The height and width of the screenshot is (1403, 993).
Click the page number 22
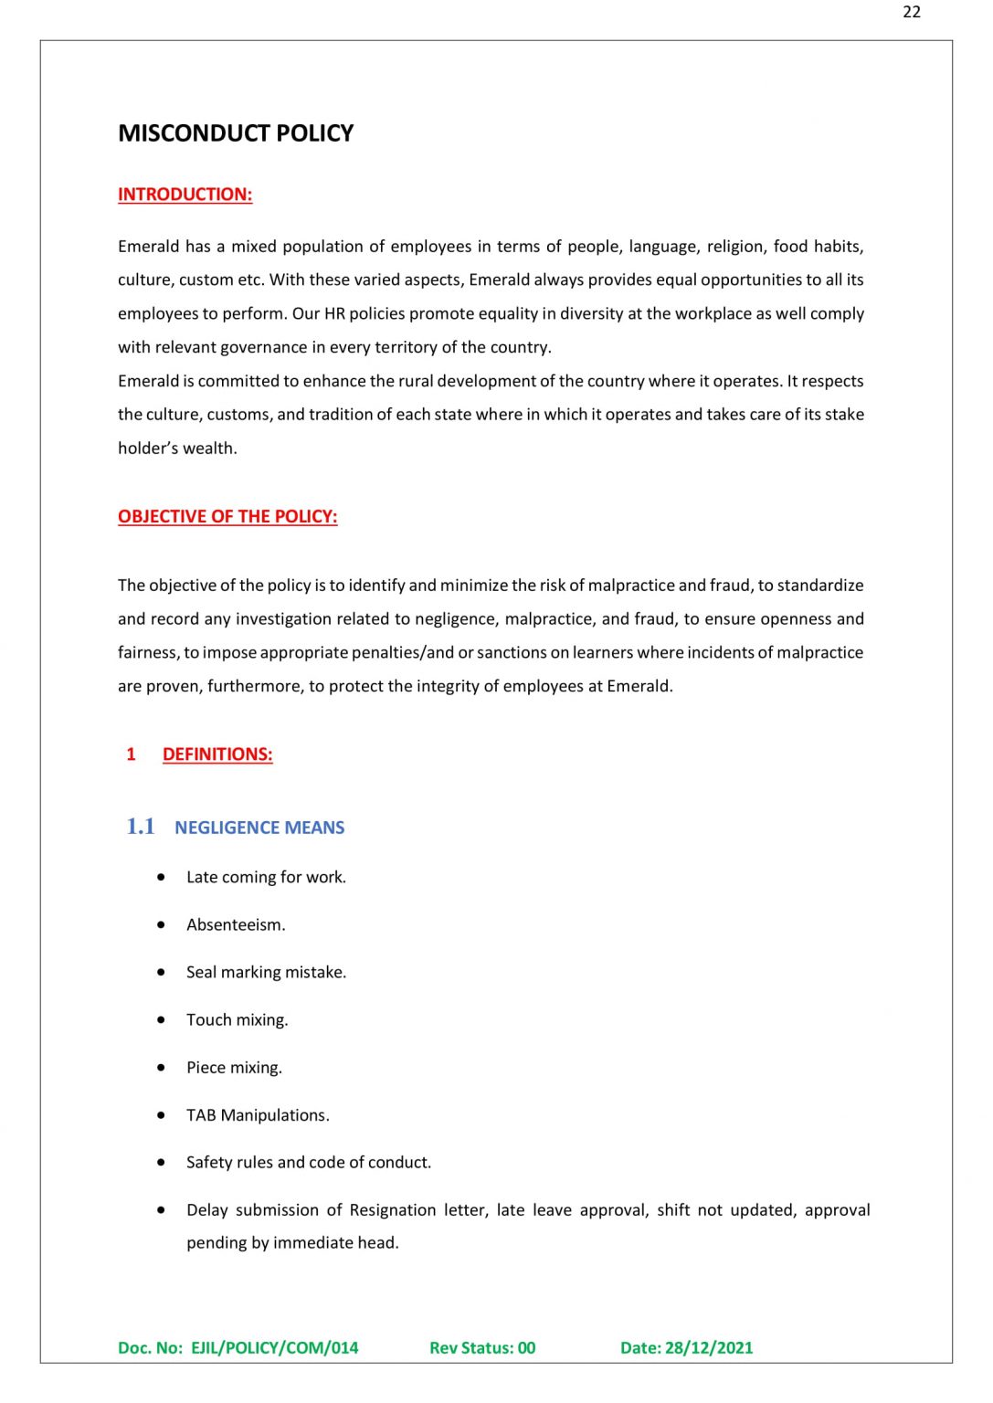pyautogui.click(x=911, y=12)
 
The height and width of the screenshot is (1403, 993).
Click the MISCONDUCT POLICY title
pyautogui.click(x=236, y=133)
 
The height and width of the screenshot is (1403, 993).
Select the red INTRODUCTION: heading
pyautogui.click(x=185, y=195)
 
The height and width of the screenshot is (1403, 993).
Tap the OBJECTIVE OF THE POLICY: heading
pyautogui.click(x=227, y=517)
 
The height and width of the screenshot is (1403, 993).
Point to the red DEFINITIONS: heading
pyautogui.click(x=217, y=754)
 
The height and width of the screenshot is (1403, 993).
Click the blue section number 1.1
pyautogui.click(x=141, y=827)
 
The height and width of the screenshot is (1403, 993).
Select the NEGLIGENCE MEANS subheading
pyautogui.click(x=259, y=828)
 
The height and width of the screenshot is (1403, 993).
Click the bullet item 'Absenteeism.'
pyautogui.click(x=236, y=924)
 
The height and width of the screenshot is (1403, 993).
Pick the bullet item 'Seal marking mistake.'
pyautogui.click(x=266, y=972)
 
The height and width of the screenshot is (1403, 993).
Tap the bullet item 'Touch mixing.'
pyautogui.click(x=237, y=1019)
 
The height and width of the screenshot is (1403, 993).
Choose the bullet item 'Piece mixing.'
pyautogui.click(x=234, y=1067)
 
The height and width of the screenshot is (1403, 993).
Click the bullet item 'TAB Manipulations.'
pyautogui.click(x=258, y=1114)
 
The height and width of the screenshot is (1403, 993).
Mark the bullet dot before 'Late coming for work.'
pyautogui.click(x=162, y=877)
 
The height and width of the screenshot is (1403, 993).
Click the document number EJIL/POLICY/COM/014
pyautogui.click(x=274, y=1347)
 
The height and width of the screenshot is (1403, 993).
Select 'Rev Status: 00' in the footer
pyautogui.click(x=482, y=1347)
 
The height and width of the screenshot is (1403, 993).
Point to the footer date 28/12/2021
pyautogui.click(x=709, y=1347)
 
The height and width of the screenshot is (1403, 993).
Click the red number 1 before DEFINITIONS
pyautogui.click(x=131, y=754)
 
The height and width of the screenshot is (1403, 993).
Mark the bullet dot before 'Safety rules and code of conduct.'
pyautogui.click(x=162, y=1162)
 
